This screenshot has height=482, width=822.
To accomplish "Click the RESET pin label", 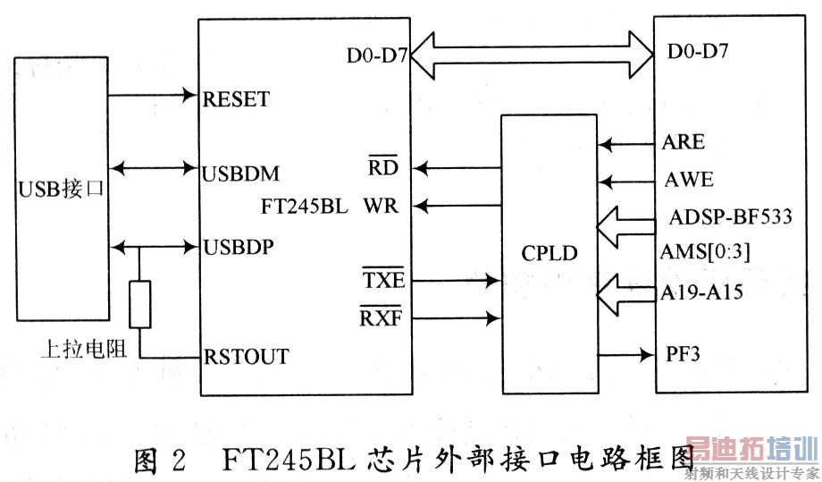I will pyautogui.click(x=237, y=98).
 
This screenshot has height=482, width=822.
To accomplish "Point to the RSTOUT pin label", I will pyautogui.click(x=246, y=357).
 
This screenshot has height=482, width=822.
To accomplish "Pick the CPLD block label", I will pyautogui.click(x=549, y=255).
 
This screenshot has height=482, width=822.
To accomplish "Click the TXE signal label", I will pyautogui.click(x=384, y=280).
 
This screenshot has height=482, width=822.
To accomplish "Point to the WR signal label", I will pyautogui.click(x=381, y=207).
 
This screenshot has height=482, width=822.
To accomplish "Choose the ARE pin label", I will pyautogui.click(x=684, y=142).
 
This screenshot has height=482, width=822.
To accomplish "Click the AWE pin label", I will pyautogui.click(x=688, y=180).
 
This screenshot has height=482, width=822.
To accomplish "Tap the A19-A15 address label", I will pyautogui.click(x=703, y=292).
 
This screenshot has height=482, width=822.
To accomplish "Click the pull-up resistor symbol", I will pyautogui.click(x=139, y=304).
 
